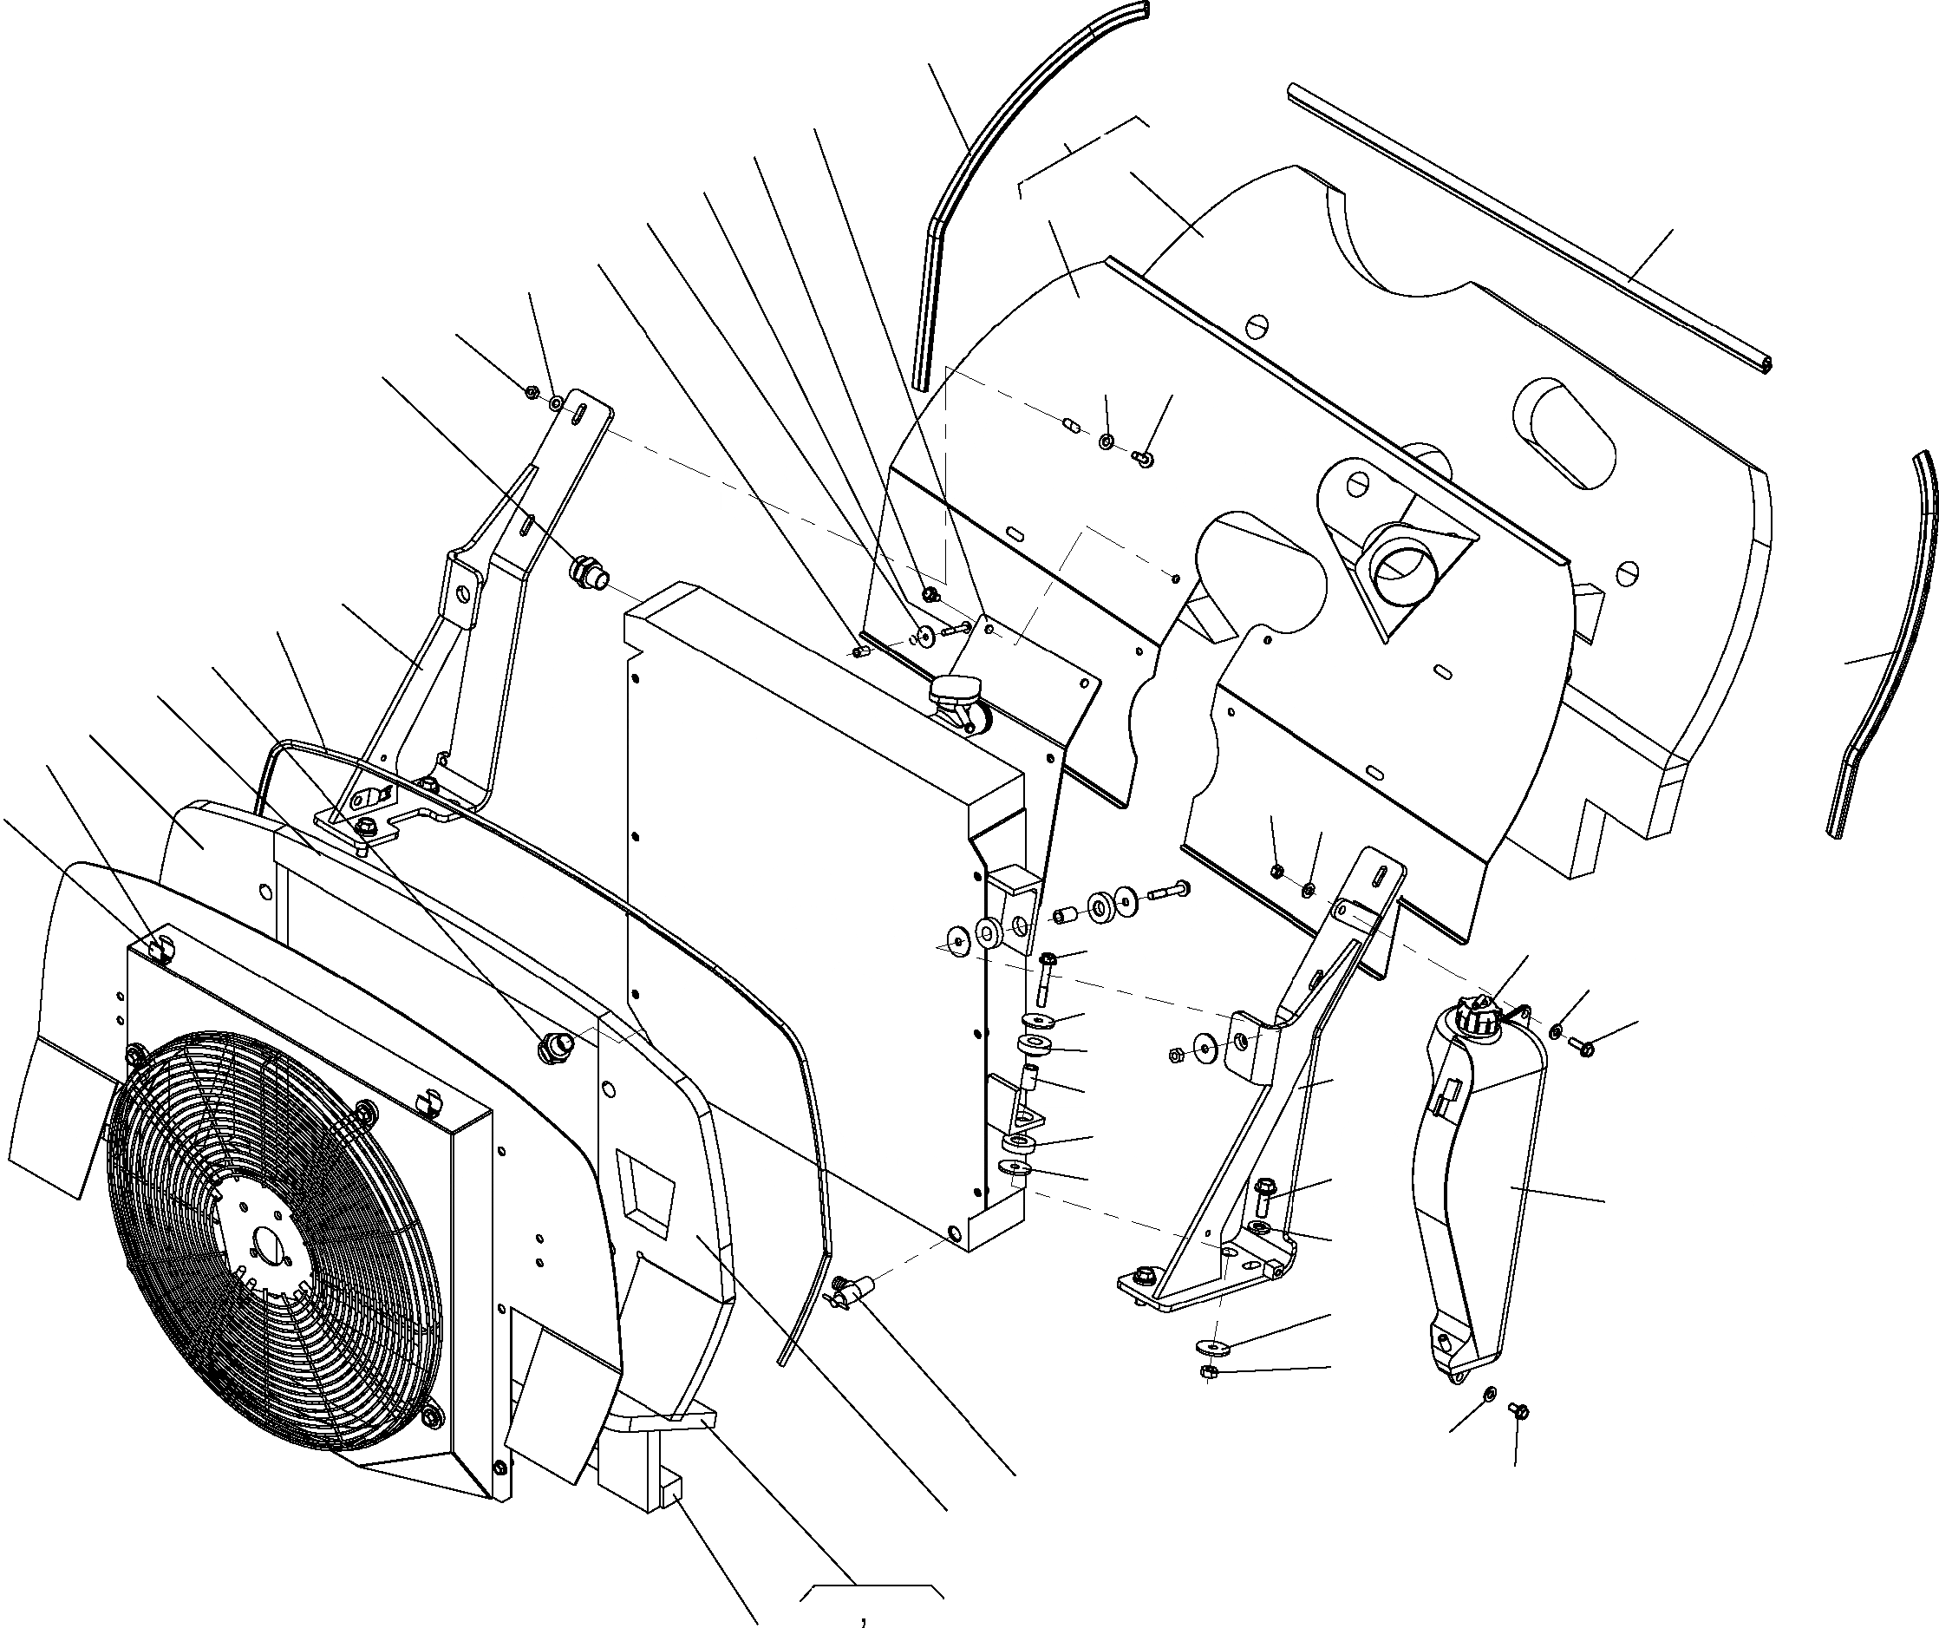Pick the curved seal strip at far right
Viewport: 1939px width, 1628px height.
1884,646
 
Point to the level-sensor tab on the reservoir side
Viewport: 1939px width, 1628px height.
1443,1097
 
